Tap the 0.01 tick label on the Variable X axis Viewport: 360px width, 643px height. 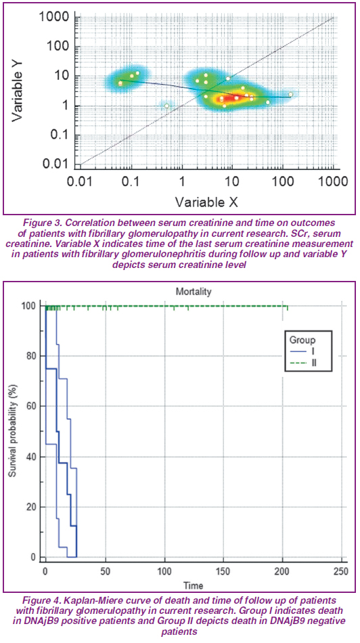click(x=81, y=181)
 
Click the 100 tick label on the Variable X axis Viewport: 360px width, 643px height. click(x=282, y=181)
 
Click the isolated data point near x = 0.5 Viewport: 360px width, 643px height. click(x=167, y=106)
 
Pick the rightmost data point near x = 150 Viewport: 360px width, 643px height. click(x=290, y=94)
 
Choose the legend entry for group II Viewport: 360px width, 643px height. click(x=304, y=363)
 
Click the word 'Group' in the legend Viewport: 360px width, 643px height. click(x=302, y=340)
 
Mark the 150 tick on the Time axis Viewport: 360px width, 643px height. click(x=223, y=571)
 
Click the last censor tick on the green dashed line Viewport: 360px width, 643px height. click(x=288, y=308)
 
